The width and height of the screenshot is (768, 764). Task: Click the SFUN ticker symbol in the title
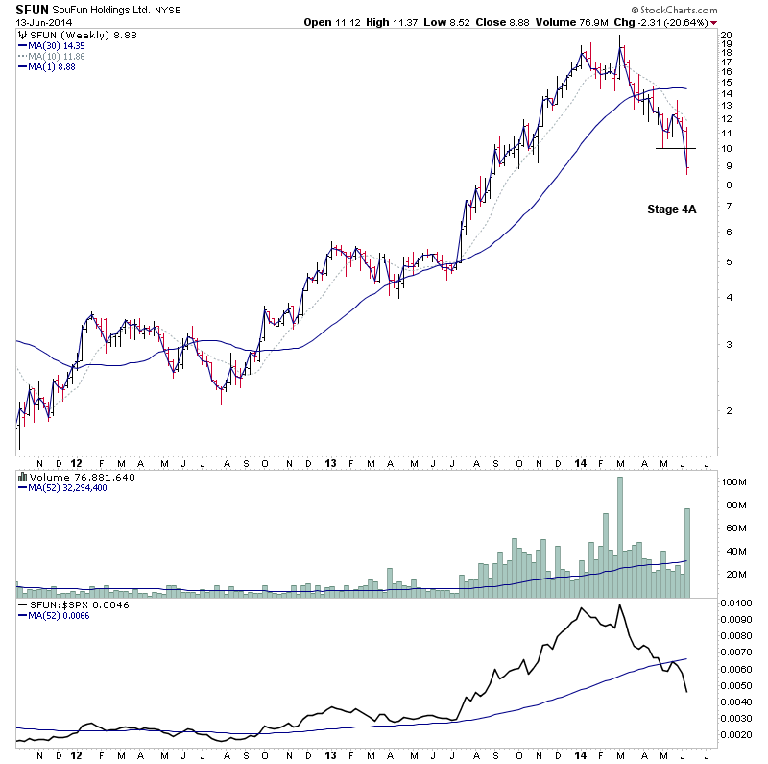coord(33,9)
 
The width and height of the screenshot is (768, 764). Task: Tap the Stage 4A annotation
coord(671,208)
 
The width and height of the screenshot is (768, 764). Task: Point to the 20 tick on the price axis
coord(727,35)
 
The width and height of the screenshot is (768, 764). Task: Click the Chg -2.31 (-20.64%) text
coord(667,21)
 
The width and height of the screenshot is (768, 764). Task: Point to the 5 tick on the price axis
coord(726,261)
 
